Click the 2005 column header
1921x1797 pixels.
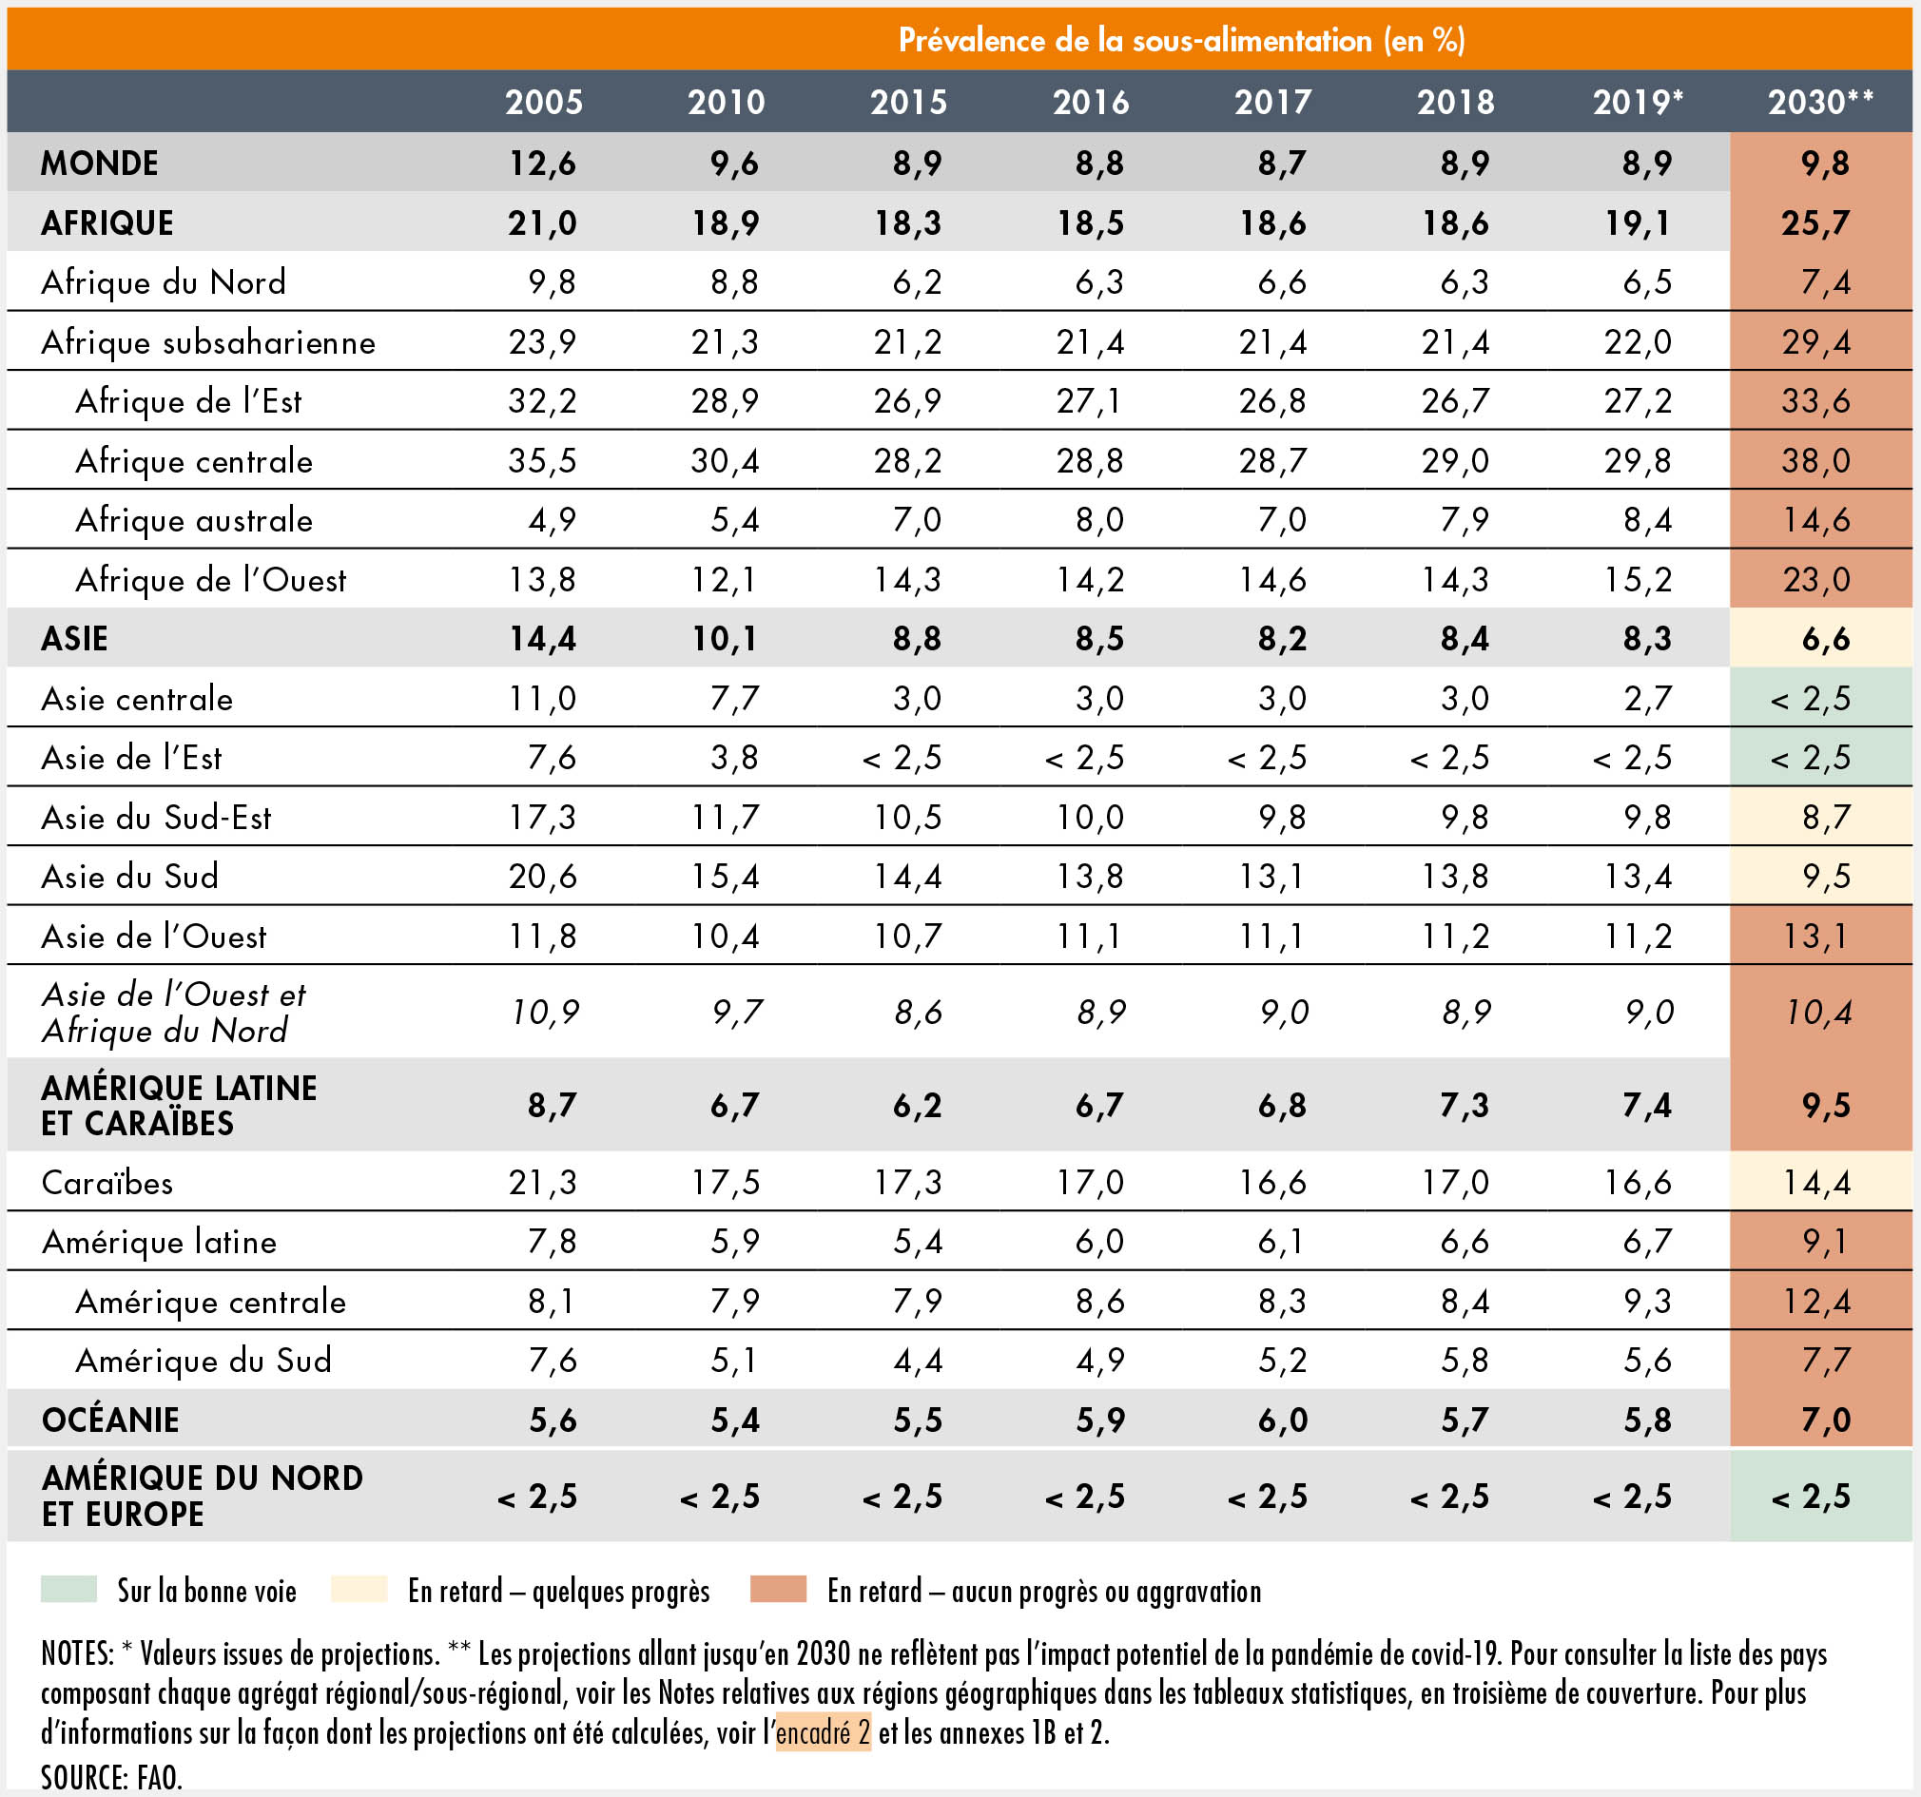click(x=543, y=102)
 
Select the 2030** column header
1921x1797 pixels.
click(x=1819, y=102)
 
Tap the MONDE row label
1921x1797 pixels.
click(x=100, y=163)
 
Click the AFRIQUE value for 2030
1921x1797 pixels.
click(x=1815, y=223)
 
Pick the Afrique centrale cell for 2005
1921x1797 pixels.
click(x=542, y=461)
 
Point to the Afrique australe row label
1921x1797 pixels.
click(x=194, y=521)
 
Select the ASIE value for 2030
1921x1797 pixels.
click(x=1825, y=639)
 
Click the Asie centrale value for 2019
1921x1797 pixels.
click(x=1646, y=699)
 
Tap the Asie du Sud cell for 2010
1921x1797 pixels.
click(x=725, y=877)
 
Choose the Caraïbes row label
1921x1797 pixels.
click(x=107, y=1183)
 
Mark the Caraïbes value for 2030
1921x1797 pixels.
click(x=1815, y=1183)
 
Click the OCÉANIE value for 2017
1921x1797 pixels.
click(x=1282, y=1420)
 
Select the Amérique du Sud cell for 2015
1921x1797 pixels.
click(x=917, y=1361)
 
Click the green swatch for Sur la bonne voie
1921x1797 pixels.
click(x=68, y=1590)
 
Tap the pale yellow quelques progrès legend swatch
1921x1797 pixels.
click(x=359, y=1590)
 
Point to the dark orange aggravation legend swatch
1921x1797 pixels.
click(x=778, y=1590)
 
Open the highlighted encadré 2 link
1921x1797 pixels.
click(x=824, y=1733)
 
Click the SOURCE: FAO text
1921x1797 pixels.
click(x=111, y=1776)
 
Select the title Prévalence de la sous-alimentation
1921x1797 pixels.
click(x=1181, y=40)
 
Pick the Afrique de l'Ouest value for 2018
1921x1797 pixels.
click(x=1454, y=580)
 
